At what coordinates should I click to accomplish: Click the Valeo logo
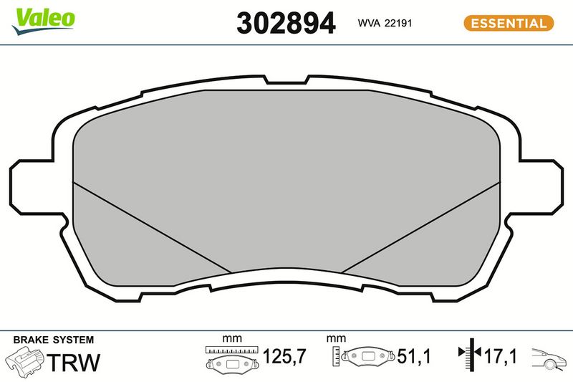point(44,22)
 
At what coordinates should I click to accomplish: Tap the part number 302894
point(286,23)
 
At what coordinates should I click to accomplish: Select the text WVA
point(369,23)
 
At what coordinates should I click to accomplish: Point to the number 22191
point(398,23)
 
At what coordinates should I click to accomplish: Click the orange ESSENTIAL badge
point(509,24)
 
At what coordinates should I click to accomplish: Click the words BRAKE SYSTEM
point(53,340)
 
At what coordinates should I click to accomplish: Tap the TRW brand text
point(74,362)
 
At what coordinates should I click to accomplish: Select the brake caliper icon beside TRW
point(25,362)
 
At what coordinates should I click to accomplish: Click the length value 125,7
point(284,356)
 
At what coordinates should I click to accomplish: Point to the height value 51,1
point(414,356)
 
